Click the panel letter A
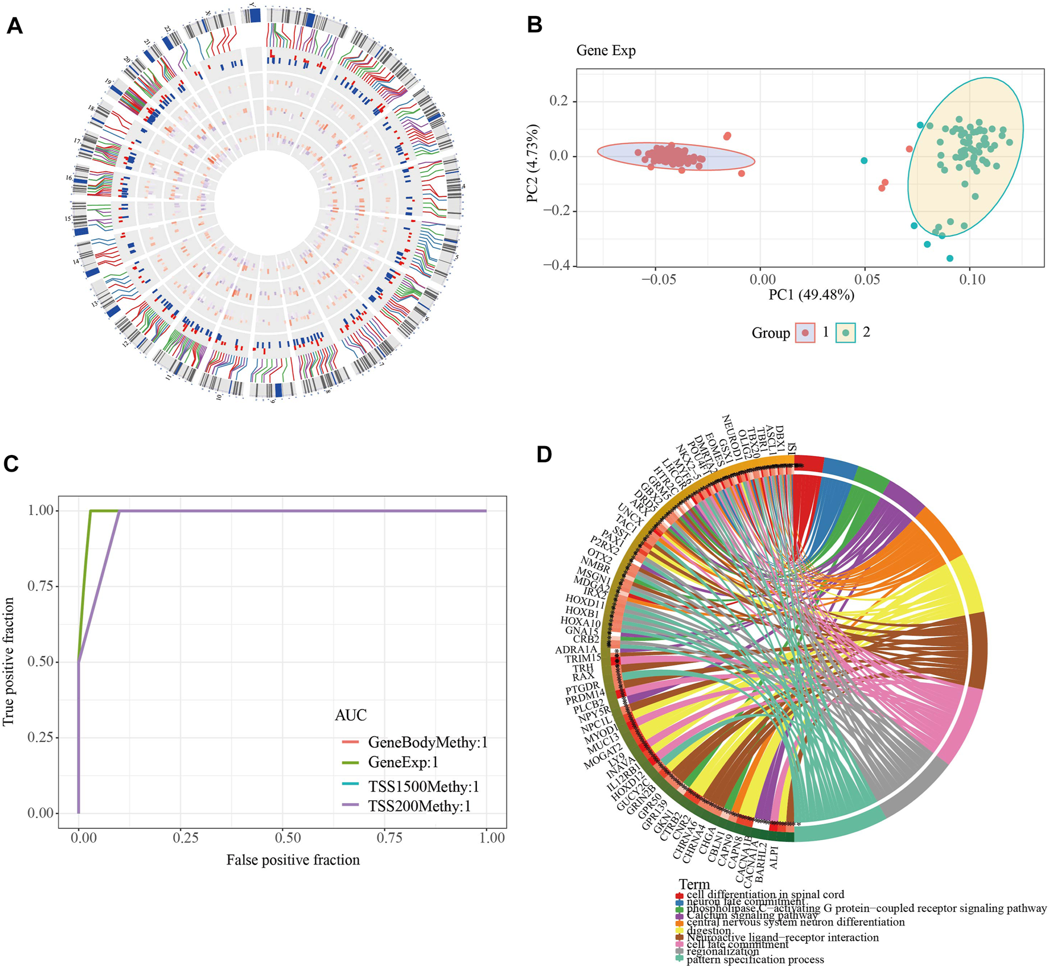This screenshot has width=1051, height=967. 14,26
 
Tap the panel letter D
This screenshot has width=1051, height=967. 544,454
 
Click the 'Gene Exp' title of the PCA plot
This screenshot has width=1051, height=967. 606,50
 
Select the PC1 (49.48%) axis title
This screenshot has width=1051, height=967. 811,295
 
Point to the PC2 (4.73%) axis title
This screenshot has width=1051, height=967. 533,164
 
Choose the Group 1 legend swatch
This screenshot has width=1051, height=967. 805,333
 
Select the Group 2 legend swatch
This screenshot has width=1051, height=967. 846,333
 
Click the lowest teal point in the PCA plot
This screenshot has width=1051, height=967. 950,258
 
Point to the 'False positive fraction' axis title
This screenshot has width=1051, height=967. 293,860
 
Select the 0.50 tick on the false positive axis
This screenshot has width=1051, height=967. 289,838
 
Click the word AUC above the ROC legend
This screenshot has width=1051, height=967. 351,715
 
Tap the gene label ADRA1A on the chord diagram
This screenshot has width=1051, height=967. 576,650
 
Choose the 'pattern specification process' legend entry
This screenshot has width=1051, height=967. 755,959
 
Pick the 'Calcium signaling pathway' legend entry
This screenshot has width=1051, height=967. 752,915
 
